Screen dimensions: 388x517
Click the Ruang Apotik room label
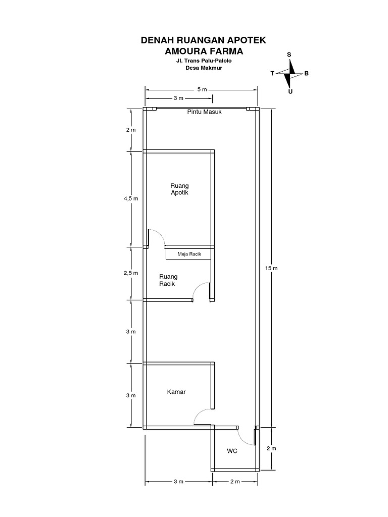179,189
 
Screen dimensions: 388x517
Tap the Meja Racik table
188,254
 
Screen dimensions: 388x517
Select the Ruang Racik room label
168,280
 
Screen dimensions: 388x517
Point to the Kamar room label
176,392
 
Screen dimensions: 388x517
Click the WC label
232,451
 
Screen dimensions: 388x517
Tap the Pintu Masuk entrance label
204,112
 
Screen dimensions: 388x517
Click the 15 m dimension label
271,268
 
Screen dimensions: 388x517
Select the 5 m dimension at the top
202,89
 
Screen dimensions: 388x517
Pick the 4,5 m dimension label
131,198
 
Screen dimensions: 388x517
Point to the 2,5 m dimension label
131,273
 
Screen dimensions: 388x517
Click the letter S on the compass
289,55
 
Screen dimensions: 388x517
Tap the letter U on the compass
290,92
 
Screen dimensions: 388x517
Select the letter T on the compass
272,73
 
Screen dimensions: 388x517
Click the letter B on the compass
307,73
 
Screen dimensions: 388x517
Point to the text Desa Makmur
204,68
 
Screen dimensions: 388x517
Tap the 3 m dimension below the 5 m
178,98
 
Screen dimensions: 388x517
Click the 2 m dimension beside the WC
271,448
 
